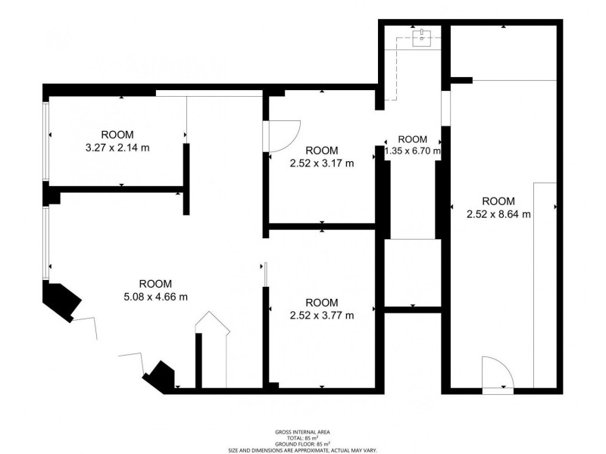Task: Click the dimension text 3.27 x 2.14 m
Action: tap(117, 148)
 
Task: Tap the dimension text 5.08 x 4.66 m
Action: tap(155, 297)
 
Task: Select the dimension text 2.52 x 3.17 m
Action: tap(322, 163)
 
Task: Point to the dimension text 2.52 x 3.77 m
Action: tap(322, 316)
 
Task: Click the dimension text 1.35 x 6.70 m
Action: tap(412, 151)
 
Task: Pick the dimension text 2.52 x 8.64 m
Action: tap(498, 214)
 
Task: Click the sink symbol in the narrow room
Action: tap(422, 38)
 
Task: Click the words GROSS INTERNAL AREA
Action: tap(302, 432)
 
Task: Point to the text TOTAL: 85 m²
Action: tap(302, 438)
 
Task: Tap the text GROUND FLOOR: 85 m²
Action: tap(302, 444)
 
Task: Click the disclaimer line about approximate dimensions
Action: tap(302, 450)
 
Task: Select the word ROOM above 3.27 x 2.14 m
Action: tap(117, 135)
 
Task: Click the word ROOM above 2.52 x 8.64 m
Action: tap(498, 201)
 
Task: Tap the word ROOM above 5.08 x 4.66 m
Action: tap(155, 284)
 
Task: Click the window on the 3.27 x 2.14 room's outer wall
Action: tap(46, 141)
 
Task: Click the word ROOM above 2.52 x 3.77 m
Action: tap(322, 302)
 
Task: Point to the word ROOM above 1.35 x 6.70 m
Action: tap(412, 139)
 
